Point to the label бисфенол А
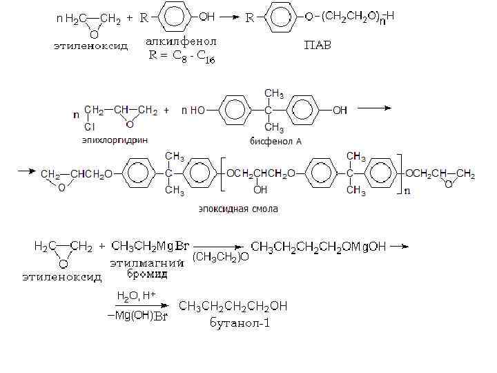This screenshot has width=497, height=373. (276, 141)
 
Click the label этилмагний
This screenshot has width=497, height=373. (147, 262)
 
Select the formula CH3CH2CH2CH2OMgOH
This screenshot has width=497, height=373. (319, 246)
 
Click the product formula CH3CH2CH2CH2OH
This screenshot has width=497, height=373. (233, 306)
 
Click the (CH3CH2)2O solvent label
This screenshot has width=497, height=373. (221, 257)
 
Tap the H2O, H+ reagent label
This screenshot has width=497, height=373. (136, 296)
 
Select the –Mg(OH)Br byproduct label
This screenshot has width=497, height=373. (138, 316)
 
